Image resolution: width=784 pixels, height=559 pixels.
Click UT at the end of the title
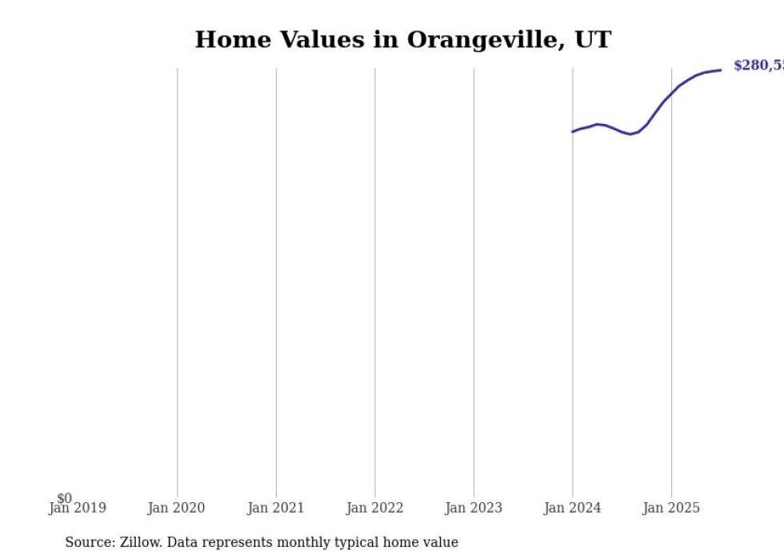pos(593,40)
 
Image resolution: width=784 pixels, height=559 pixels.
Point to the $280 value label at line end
pos(758,66)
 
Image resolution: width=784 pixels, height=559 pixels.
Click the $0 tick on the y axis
pos(64,498)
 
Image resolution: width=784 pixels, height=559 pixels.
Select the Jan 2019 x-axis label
pos(77,508)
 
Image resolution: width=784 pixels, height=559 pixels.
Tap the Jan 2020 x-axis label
pos(176,508)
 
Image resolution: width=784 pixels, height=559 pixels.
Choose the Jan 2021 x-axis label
pos(276,508)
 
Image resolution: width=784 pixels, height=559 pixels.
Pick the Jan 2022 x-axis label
pos(375,508)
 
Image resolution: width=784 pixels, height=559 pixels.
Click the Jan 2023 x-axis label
pos(474,508)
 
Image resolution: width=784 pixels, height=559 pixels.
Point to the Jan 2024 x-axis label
pos(573,508)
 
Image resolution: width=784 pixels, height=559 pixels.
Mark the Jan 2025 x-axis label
pos(671,508)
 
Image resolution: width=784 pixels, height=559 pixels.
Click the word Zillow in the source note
pos(142,542)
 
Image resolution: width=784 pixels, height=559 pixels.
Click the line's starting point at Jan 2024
pos(573,131)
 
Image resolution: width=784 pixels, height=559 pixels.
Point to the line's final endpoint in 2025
pos(721,70)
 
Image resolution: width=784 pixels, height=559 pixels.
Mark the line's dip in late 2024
pos(630,134)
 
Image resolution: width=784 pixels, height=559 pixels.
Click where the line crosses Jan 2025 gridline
pos(671,92)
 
